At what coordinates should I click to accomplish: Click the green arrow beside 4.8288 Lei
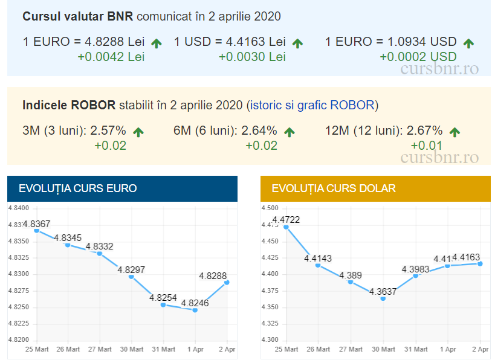point(157,43)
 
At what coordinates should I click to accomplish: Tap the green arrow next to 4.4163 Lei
point(297,43)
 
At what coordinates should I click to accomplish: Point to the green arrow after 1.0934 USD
point(468,43)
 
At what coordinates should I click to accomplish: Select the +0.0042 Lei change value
point(111,57)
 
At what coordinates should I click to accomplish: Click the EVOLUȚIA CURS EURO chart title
point(78,188)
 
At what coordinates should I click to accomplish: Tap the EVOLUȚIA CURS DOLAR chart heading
point(334,188)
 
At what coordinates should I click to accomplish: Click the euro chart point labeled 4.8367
point(36,231)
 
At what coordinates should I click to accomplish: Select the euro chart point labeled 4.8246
point(195,310)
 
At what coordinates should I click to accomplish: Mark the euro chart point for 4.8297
point(131,277)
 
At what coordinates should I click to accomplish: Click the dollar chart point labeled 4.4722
point(286,227)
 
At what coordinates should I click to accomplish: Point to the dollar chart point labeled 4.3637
point(383,298)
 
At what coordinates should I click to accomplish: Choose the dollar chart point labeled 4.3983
point(416,275)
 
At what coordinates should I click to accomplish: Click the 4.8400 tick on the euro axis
point(18,208)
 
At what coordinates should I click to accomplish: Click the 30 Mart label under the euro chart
point(131,350)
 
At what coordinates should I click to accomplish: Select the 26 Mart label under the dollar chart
point(319,350)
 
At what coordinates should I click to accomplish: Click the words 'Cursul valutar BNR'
point(77,16)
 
